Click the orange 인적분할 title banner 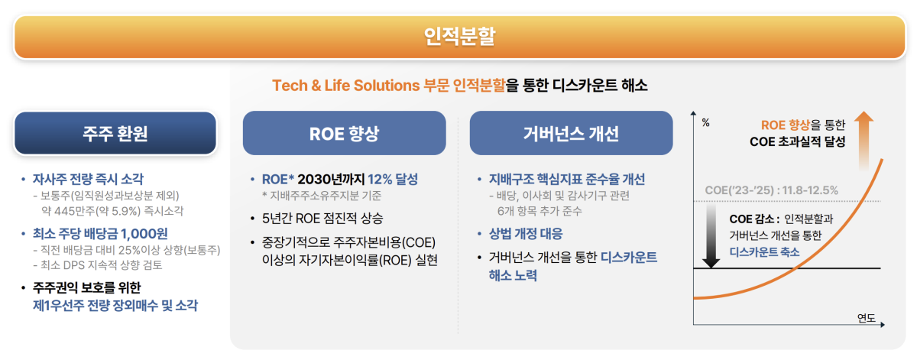(458, 36)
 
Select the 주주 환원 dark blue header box (115, 134)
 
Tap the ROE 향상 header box (344, 134)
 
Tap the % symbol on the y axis (705, 122)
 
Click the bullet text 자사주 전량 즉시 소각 (88, 180)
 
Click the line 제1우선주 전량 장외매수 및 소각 (115, 305)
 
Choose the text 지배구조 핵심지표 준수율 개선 (567, 180)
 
